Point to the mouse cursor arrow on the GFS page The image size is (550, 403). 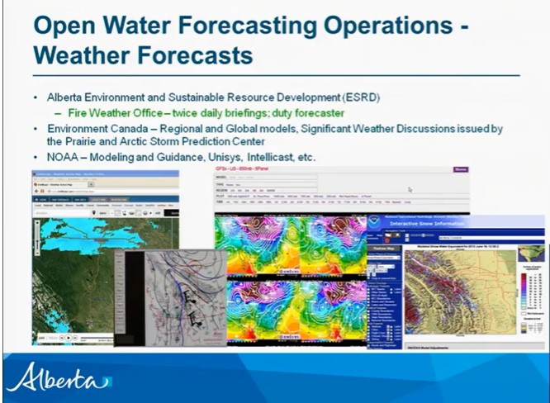[410, 189]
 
